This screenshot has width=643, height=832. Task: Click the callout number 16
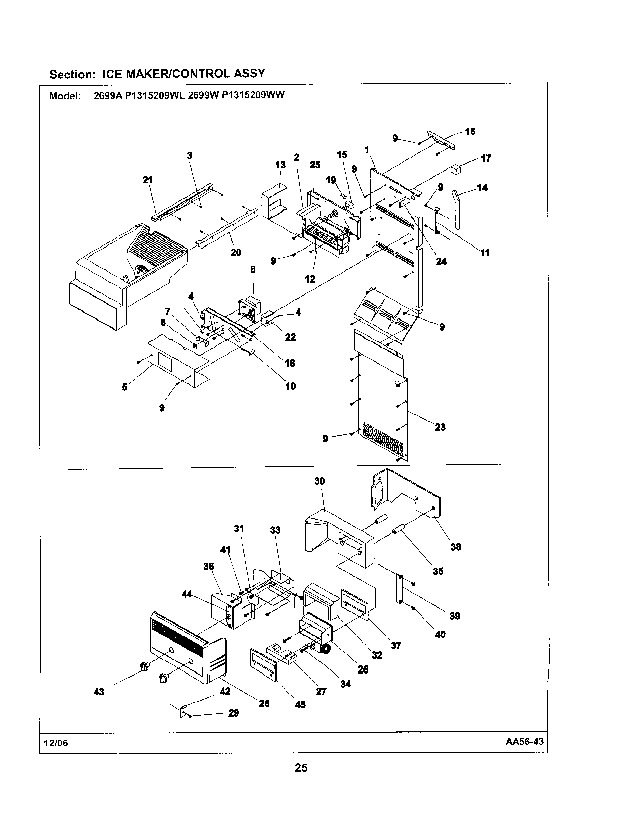tap(470, 131)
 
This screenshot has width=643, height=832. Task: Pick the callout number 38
tap(456, 547)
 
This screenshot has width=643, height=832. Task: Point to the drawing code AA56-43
tap(525, 742)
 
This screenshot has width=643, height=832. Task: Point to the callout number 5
tap(125, 387)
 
